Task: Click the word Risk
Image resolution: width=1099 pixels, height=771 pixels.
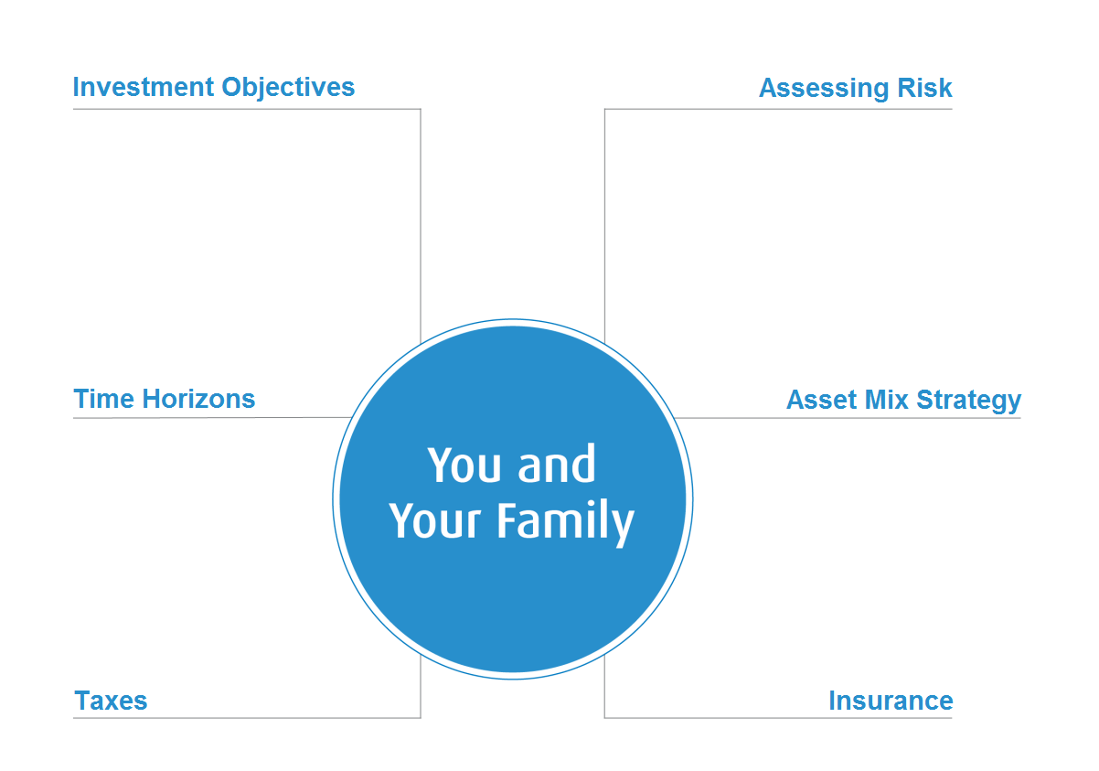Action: coord(924,89)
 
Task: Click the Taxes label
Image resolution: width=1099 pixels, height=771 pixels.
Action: coord(111,701)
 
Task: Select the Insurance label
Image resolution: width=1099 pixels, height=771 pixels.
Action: coord(891,701)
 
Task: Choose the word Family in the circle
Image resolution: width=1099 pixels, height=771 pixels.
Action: coord(565,521)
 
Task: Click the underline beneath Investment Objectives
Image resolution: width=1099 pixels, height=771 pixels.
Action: coord(247,110)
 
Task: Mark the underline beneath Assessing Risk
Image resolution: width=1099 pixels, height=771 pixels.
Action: coord(778,110)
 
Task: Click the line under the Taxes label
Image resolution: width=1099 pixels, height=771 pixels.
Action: coord(247,718)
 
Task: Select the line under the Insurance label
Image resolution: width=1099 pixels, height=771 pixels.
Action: coord(778,718)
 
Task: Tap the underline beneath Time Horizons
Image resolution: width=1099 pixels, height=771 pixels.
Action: coord(210,418)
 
